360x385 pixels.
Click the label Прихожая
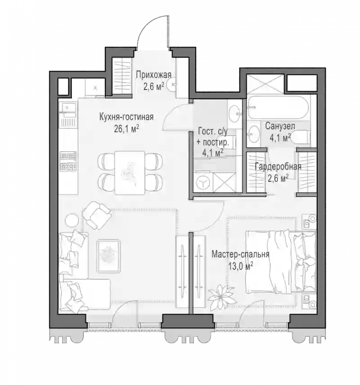coord(153,75)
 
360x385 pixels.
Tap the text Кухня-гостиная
coord(126,117)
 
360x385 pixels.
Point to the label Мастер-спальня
coord(240,255)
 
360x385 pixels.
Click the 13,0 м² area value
coord(241,266)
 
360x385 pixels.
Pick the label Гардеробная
coord(278,167)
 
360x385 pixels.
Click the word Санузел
coord(280,126)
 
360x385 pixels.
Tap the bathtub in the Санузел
coord(278,107)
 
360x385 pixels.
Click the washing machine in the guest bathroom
coord(203,183)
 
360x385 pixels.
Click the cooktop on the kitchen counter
coord(68,161)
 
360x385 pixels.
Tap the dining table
coord(130,173)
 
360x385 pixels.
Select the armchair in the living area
coord(97,215)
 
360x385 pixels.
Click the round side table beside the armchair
coord(72,220)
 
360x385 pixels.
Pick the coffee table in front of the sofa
coord(108,256)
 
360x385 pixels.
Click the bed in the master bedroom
coord(281,262)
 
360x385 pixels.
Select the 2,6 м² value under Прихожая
coord(153,86)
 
